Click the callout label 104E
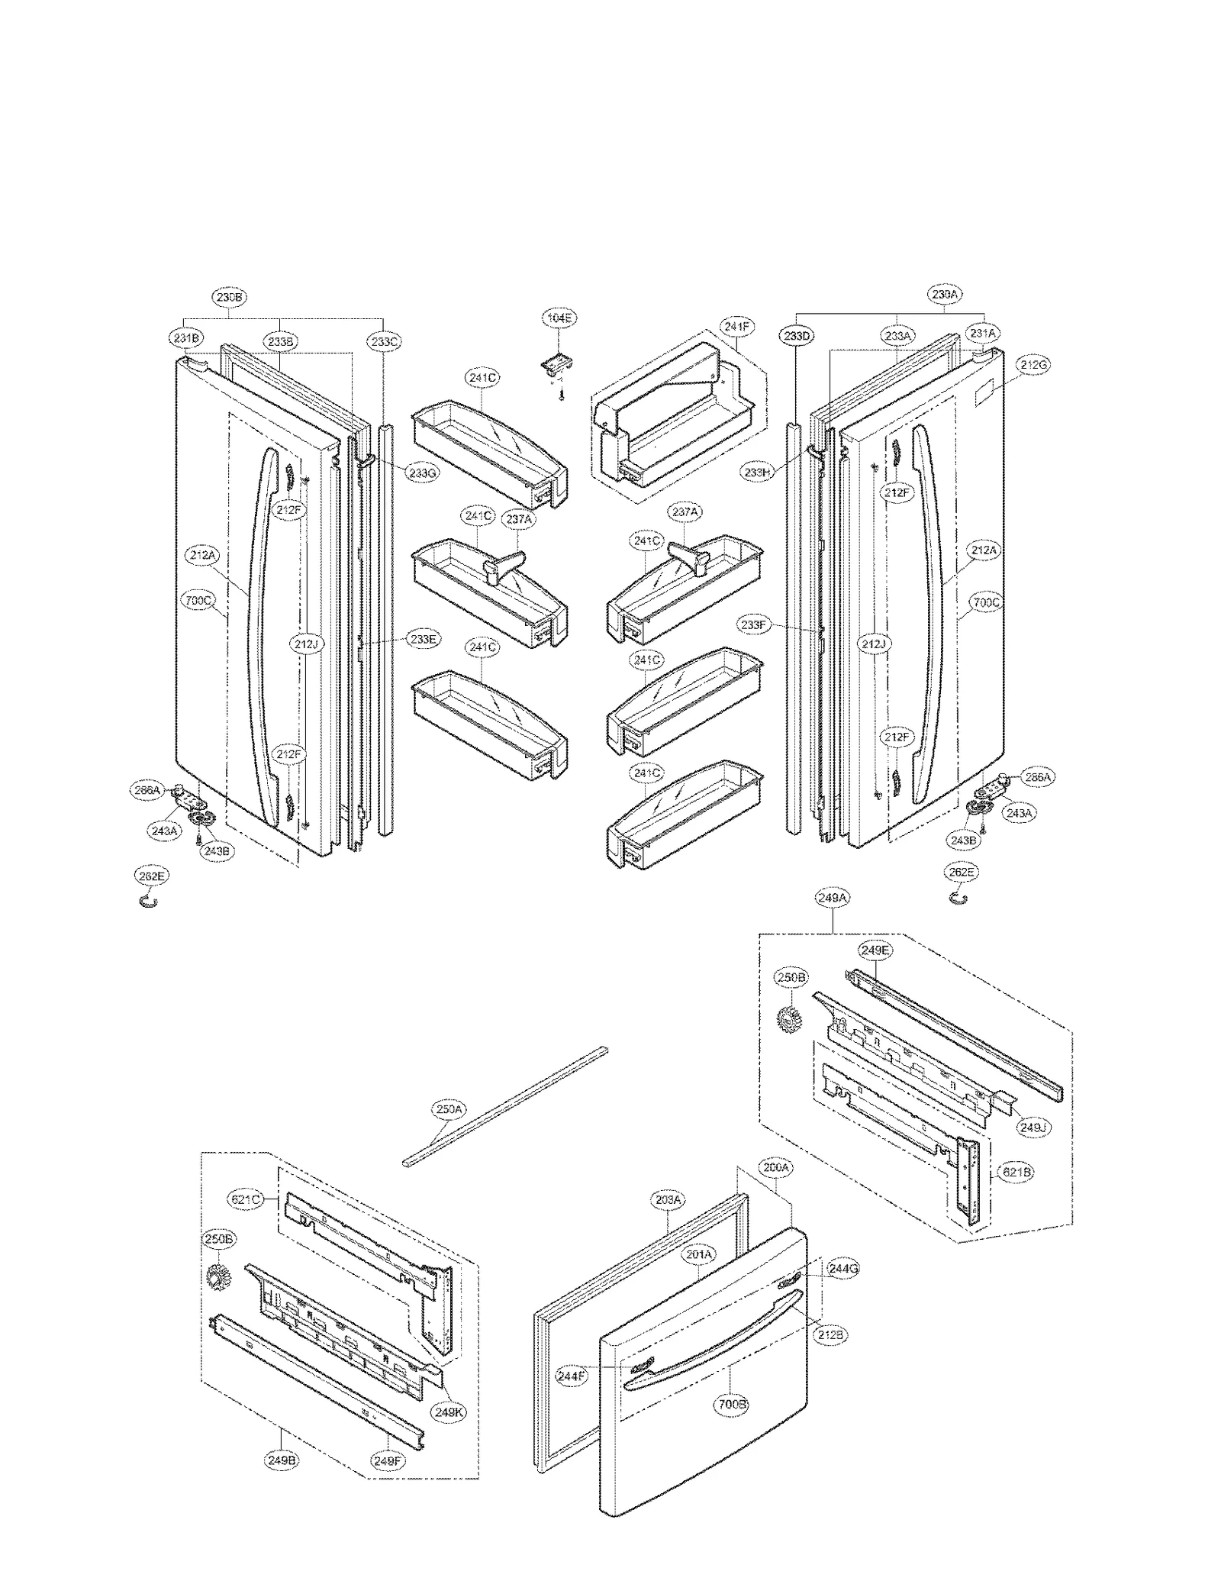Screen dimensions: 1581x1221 coord(559,317)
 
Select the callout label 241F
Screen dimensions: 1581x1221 coord(737,327)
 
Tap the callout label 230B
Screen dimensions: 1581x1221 coord(230,297)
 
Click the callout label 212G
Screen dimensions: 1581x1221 coord(1033,365)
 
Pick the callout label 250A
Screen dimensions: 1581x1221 coord(449,1108)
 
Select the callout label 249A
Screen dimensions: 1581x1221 coord(832,899)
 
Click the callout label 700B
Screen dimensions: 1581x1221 coord(732,1404)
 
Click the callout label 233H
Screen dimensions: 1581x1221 coord(757,473)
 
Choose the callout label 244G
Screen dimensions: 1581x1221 coord(843,1269)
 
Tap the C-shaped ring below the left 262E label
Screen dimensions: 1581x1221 coord(149,902)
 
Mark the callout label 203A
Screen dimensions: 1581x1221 coord(668,1200)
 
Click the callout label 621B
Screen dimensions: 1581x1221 coord(1017,1171)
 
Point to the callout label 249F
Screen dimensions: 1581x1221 coord(388,1460)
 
